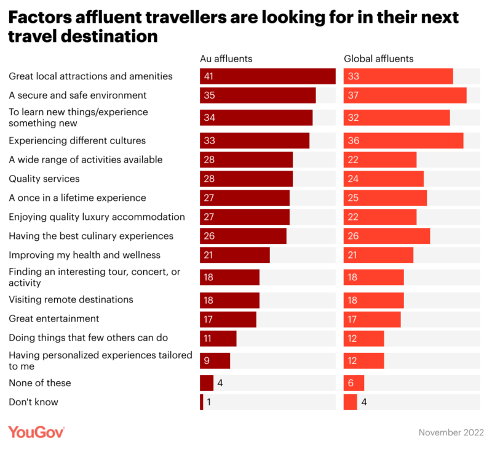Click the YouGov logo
pos(36,432)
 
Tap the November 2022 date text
pos(451,432)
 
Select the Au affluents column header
pos(226,59)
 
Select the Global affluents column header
pos(378,59)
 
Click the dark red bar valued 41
pos(268,76)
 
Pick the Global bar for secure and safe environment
pos(405,95)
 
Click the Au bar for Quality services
pos(246,179)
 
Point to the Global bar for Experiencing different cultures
pos(403,140)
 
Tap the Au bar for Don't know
pos(201,402)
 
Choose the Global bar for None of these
pos(354,383)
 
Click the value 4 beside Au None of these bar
pos(220,383)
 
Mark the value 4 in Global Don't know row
pos(364,402)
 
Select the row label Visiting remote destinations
pos(71,299)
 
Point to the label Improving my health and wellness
pos(84,255)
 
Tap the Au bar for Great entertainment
pos(228,319)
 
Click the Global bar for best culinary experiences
pos(386,236)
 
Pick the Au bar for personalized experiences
pos(215,360)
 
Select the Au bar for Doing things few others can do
pos(218,338)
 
